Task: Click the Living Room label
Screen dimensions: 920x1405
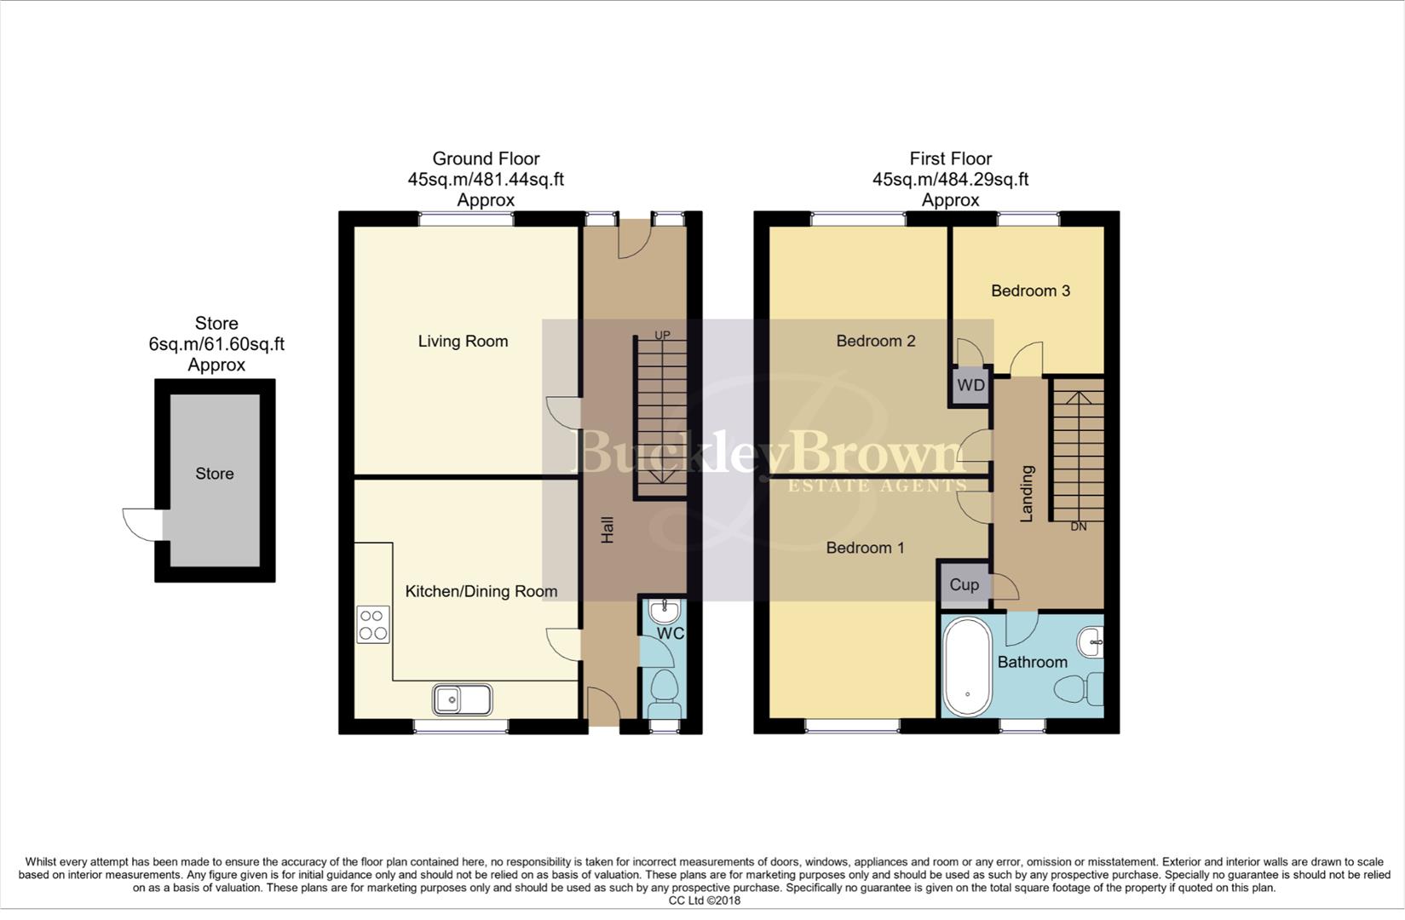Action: [463, 342]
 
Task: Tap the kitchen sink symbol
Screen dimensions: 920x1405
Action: [462, 700]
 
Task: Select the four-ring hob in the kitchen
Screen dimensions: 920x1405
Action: [373, 624]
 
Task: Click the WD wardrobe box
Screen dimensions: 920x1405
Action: [970, 385]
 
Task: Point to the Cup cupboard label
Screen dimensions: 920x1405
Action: [964, 584]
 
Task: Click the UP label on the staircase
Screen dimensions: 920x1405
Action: [662, 335]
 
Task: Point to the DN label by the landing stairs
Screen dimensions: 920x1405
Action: [1079, 526]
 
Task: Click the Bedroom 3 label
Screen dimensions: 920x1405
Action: [1030, 291]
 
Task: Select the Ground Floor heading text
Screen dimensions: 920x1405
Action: [486, 158]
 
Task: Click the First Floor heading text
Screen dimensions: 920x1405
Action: [950, 158]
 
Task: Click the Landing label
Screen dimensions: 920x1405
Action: [1027, 493]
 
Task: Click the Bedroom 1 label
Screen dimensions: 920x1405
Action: [865, 548]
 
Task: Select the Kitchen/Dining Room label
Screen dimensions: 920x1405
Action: [481, 591]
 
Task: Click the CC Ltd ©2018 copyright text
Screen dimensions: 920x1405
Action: [704, 900]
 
